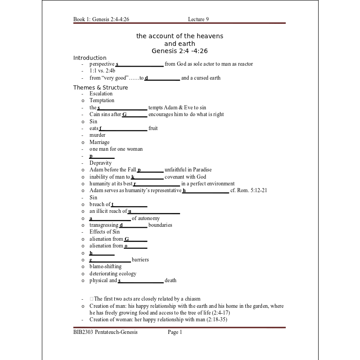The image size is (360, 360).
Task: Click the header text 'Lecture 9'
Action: [198, 19]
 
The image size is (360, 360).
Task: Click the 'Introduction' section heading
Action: [90, 58]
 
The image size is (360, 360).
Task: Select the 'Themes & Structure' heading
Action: [100, 88]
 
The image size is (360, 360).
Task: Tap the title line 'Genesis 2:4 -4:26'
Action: [180, 51]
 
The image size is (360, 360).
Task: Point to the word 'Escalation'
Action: [101, 94]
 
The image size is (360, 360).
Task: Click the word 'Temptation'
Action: [102, 101]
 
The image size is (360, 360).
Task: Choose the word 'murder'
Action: [97, 135]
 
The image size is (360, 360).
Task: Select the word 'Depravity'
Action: [100, 163]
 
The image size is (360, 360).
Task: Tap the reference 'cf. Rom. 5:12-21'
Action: [248, 190]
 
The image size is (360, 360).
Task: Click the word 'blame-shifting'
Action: [105, 266]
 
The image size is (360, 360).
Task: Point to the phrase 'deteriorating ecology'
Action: [112, 274]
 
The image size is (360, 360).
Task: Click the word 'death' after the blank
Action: [171, 280]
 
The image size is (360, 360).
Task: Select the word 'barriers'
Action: [140, 260]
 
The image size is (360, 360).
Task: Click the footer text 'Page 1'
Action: [175, 332]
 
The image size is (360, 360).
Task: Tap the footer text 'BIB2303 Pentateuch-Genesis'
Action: [105, 332]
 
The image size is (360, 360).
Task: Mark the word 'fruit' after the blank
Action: [153, 128]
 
